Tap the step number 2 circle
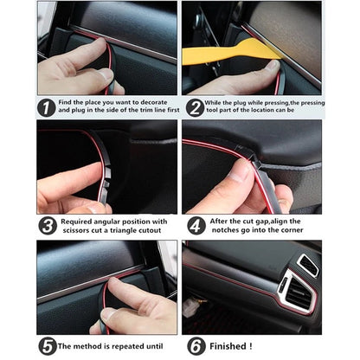point(195,108)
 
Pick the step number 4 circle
point(196,227)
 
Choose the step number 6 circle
point(195,346)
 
